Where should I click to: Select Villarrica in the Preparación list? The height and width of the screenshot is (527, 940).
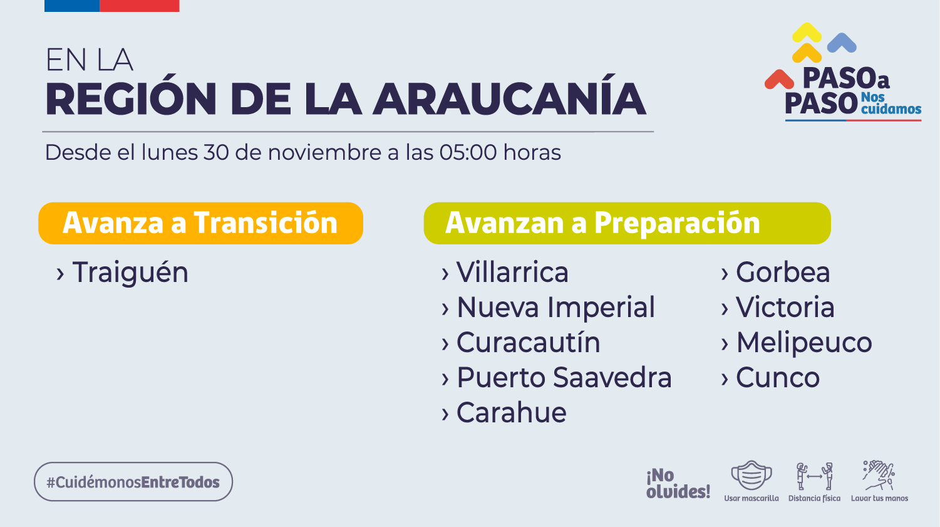(512, 272)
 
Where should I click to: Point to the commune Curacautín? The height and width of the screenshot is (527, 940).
(529, 342)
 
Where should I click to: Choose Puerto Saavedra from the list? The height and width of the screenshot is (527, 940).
(564, 377)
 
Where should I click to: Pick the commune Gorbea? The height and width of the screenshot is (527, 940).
(783, 272)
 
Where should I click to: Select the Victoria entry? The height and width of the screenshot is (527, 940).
(785, 307)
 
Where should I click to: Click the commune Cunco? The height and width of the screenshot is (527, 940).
(778, 377)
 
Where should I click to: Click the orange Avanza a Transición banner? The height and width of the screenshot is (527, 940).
(200, 224)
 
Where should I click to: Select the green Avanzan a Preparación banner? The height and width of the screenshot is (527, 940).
(628, 224)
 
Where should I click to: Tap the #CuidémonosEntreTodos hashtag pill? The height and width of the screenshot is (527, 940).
(133, 482)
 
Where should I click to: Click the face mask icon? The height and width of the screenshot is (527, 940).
(751, 475)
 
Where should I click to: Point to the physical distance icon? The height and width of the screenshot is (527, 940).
(815, 476)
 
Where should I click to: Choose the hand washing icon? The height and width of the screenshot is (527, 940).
(879, 476)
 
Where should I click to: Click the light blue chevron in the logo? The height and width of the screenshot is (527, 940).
(842, 43)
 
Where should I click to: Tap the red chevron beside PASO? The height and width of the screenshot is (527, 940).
(779, 80)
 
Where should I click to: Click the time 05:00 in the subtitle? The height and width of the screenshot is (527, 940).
(468, 152)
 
